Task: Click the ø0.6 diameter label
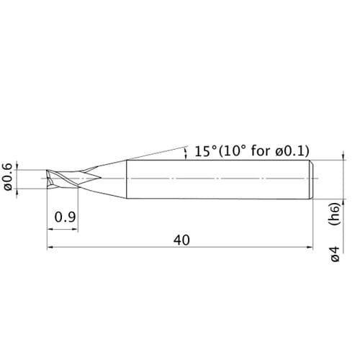pyautogui.click(x=8, y=176)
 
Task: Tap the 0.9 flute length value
pyautogui.click(x=65, y=217)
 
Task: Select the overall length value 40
pyautogui.click(x=181, y=240)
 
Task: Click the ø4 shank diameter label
pyautogui.click(x=336, y=253)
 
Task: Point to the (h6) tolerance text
pyautogui.click(x=334, y=214)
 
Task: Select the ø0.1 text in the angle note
pyautogui.click(x=289, y=151)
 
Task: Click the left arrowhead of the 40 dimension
pyautogui.click(x=50, y=247)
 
